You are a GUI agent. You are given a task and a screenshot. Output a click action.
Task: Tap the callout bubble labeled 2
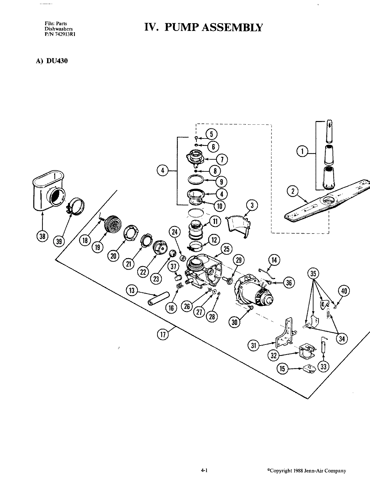coord(293,192)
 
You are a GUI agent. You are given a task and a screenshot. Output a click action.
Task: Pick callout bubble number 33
coord(323,367)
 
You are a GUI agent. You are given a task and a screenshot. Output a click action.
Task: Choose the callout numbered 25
coord(226,249)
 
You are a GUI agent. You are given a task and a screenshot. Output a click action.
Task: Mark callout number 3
coord(252,205)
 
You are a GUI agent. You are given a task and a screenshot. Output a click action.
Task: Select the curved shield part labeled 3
coord(237,223)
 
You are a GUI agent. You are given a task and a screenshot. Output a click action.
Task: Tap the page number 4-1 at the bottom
coord(203,471)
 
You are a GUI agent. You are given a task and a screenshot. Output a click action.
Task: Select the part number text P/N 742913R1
coord(60,33)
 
